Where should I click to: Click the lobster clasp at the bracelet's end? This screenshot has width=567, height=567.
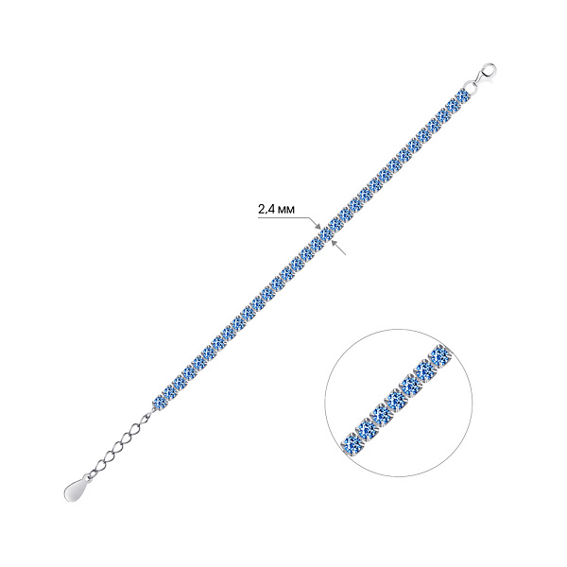(x=485, y=74)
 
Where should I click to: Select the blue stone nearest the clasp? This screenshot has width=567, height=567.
(x=463, y=97)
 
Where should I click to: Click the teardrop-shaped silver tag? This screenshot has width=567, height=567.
(x=77, y=489)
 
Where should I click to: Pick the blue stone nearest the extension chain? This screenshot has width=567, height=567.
(x=159, y=403)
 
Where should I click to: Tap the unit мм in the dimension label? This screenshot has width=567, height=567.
(x=285, y=210)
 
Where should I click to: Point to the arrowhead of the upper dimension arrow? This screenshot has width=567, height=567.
(x=319, y=227)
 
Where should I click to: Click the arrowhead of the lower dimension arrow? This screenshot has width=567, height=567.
(x=334, y=243)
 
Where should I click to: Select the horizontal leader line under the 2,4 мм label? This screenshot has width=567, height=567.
(x=283, y=217)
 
